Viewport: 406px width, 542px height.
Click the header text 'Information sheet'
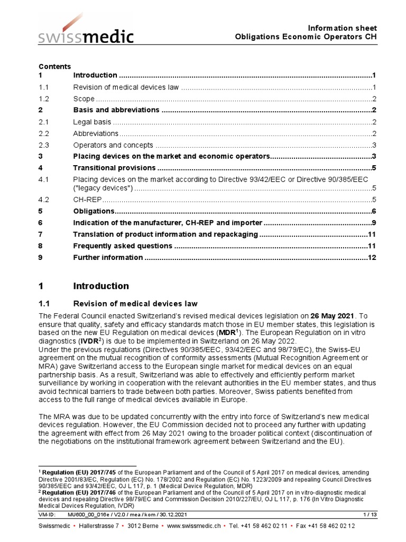[342, 28]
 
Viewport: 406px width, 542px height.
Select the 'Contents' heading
[54, 67]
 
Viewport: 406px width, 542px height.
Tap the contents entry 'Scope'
[84, 99]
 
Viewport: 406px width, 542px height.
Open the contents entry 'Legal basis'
[92, 122]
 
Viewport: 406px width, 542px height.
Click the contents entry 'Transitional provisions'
[114, 168]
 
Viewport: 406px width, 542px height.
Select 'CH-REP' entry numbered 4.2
[87, 200]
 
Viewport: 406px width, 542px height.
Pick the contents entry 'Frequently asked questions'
[123, 246]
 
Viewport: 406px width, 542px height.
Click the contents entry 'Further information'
[108, 257]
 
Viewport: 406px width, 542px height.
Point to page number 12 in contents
[372, 257]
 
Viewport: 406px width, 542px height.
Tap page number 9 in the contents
[373, 223]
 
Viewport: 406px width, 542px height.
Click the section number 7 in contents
[41, 234]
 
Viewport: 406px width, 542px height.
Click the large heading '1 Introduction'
[84, 286]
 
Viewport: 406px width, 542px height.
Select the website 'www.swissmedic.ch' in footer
[193, 526]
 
